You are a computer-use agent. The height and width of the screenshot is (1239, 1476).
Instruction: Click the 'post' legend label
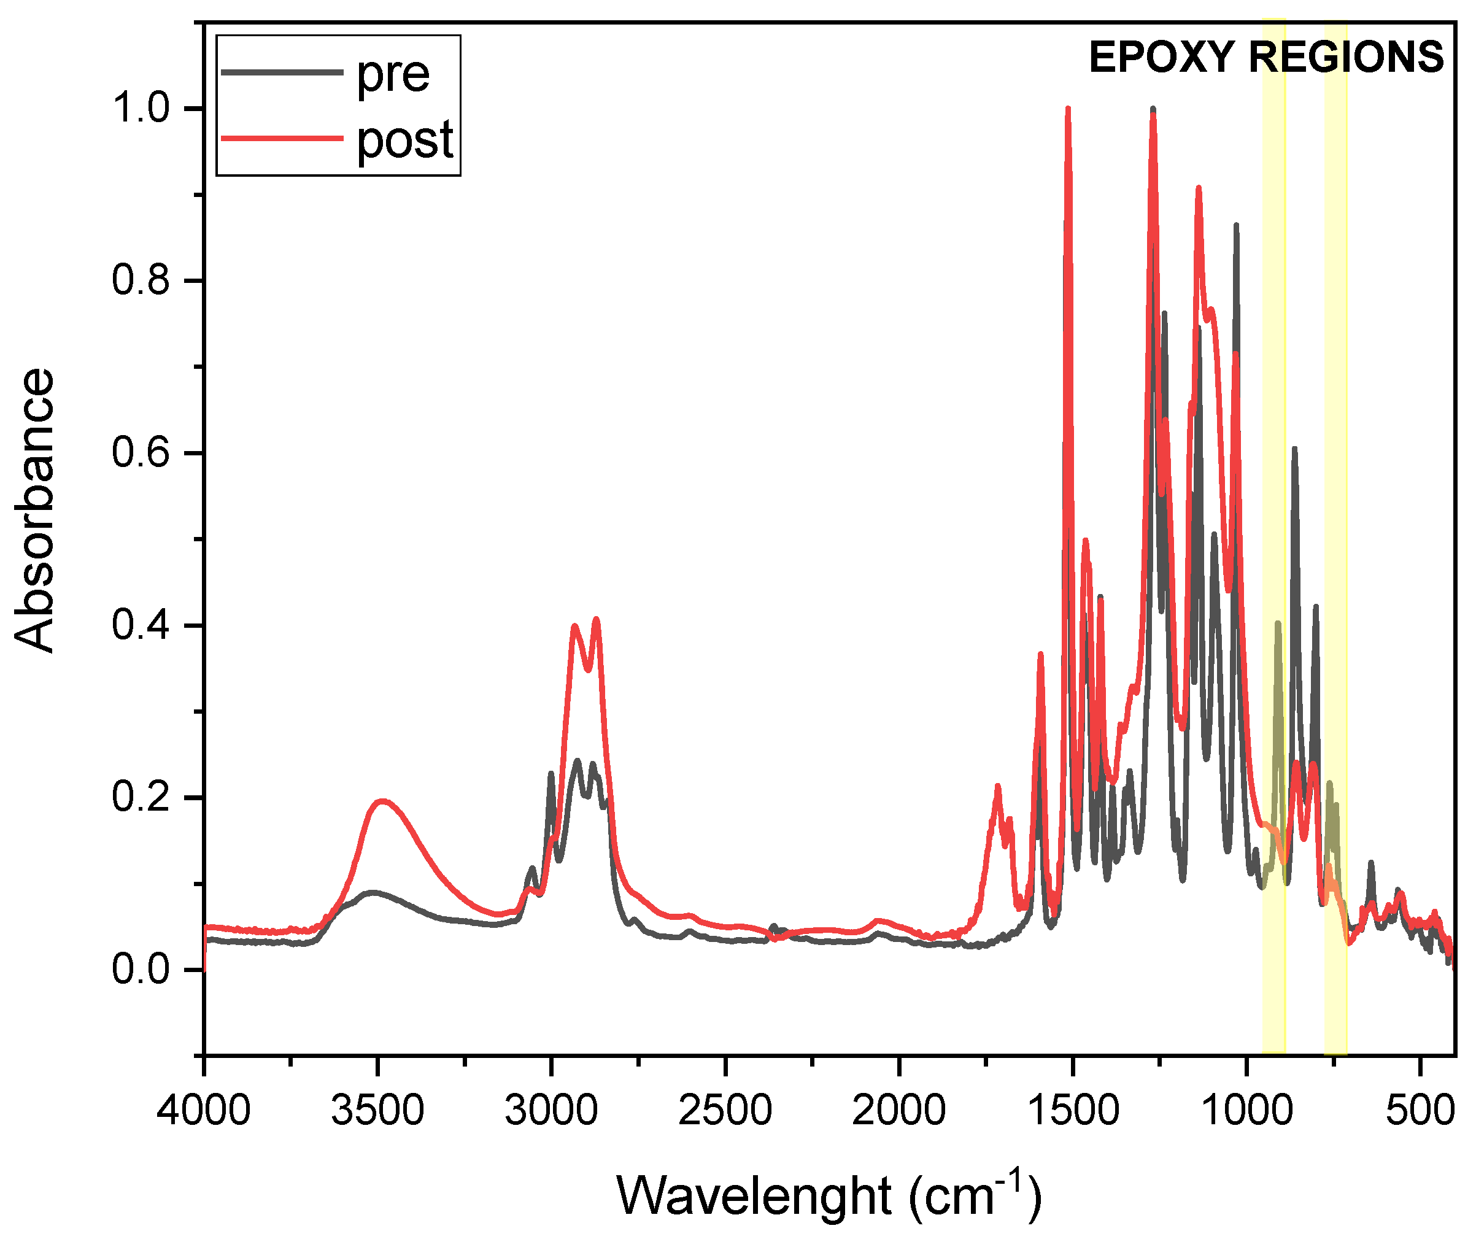coord(405,140)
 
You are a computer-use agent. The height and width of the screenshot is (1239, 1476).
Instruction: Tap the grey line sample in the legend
coord(282,72)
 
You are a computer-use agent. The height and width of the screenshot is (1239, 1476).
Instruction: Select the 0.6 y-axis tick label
coord(141,453)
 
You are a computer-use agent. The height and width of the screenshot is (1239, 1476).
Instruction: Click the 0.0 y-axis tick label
coord(141,970)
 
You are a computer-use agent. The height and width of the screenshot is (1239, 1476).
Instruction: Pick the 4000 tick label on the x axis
coord(204,1112)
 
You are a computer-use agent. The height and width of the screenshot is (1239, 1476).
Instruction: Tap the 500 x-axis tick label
coord(1419,1112)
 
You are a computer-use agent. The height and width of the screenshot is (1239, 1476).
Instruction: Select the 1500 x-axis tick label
coord(1073,1112)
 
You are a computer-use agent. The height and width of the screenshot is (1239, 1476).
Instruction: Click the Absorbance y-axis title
coord(34,511)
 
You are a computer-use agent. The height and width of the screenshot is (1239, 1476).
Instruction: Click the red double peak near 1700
coord(997,787)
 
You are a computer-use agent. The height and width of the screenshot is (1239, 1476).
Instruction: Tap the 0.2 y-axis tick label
coord(141,798)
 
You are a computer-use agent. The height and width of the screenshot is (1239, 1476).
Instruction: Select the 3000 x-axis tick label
coord(551,1112)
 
